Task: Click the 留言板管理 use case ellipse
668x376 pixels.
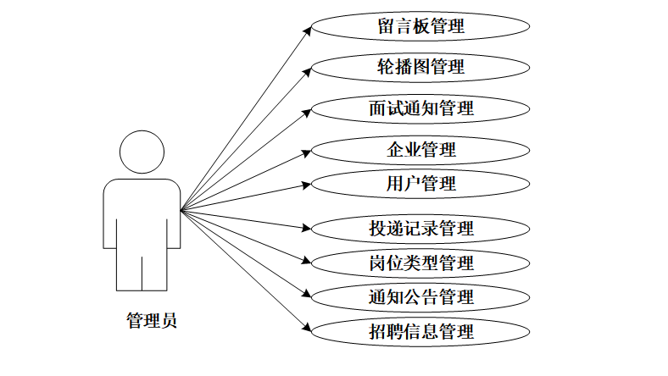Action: pos(421,25)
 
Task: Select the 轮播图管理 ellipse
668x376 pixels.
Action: pos(421,66)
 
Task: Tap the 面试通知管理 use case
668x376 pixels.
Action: pos(421,108)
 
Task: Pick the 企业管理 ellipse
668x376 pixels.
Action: pos(421,150)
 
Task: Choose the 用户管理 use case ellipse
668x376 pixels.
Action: pos(421,182)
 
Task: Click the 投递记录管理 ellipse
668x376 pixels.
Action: pos(421,228)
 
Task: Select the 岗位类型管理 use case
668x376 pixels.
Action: pos(421,263)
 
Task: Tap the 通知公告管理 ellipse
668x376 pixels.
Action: pos(421,296)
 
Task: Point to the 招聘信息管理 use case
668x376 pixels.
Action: pos(421,331)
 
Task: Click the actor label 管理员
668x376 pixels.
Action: pos(152,321)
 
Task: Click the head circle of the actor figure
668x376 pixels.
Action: pos(142,152)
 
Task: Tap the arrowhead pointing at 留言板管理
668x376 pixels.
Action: pos(306,29)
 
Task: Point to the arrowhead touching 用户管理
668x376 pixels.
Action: pos(306,183)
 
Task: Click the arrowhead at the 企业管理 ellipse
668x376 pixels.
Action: pos(306,152)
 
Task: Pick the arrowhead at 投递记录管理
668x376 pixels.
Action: pos(306,227)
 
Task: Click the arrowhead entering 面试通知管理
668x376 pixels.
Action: pos(306,111)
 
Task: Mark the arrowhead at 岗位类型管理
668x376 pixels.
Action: pos(306,260)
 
